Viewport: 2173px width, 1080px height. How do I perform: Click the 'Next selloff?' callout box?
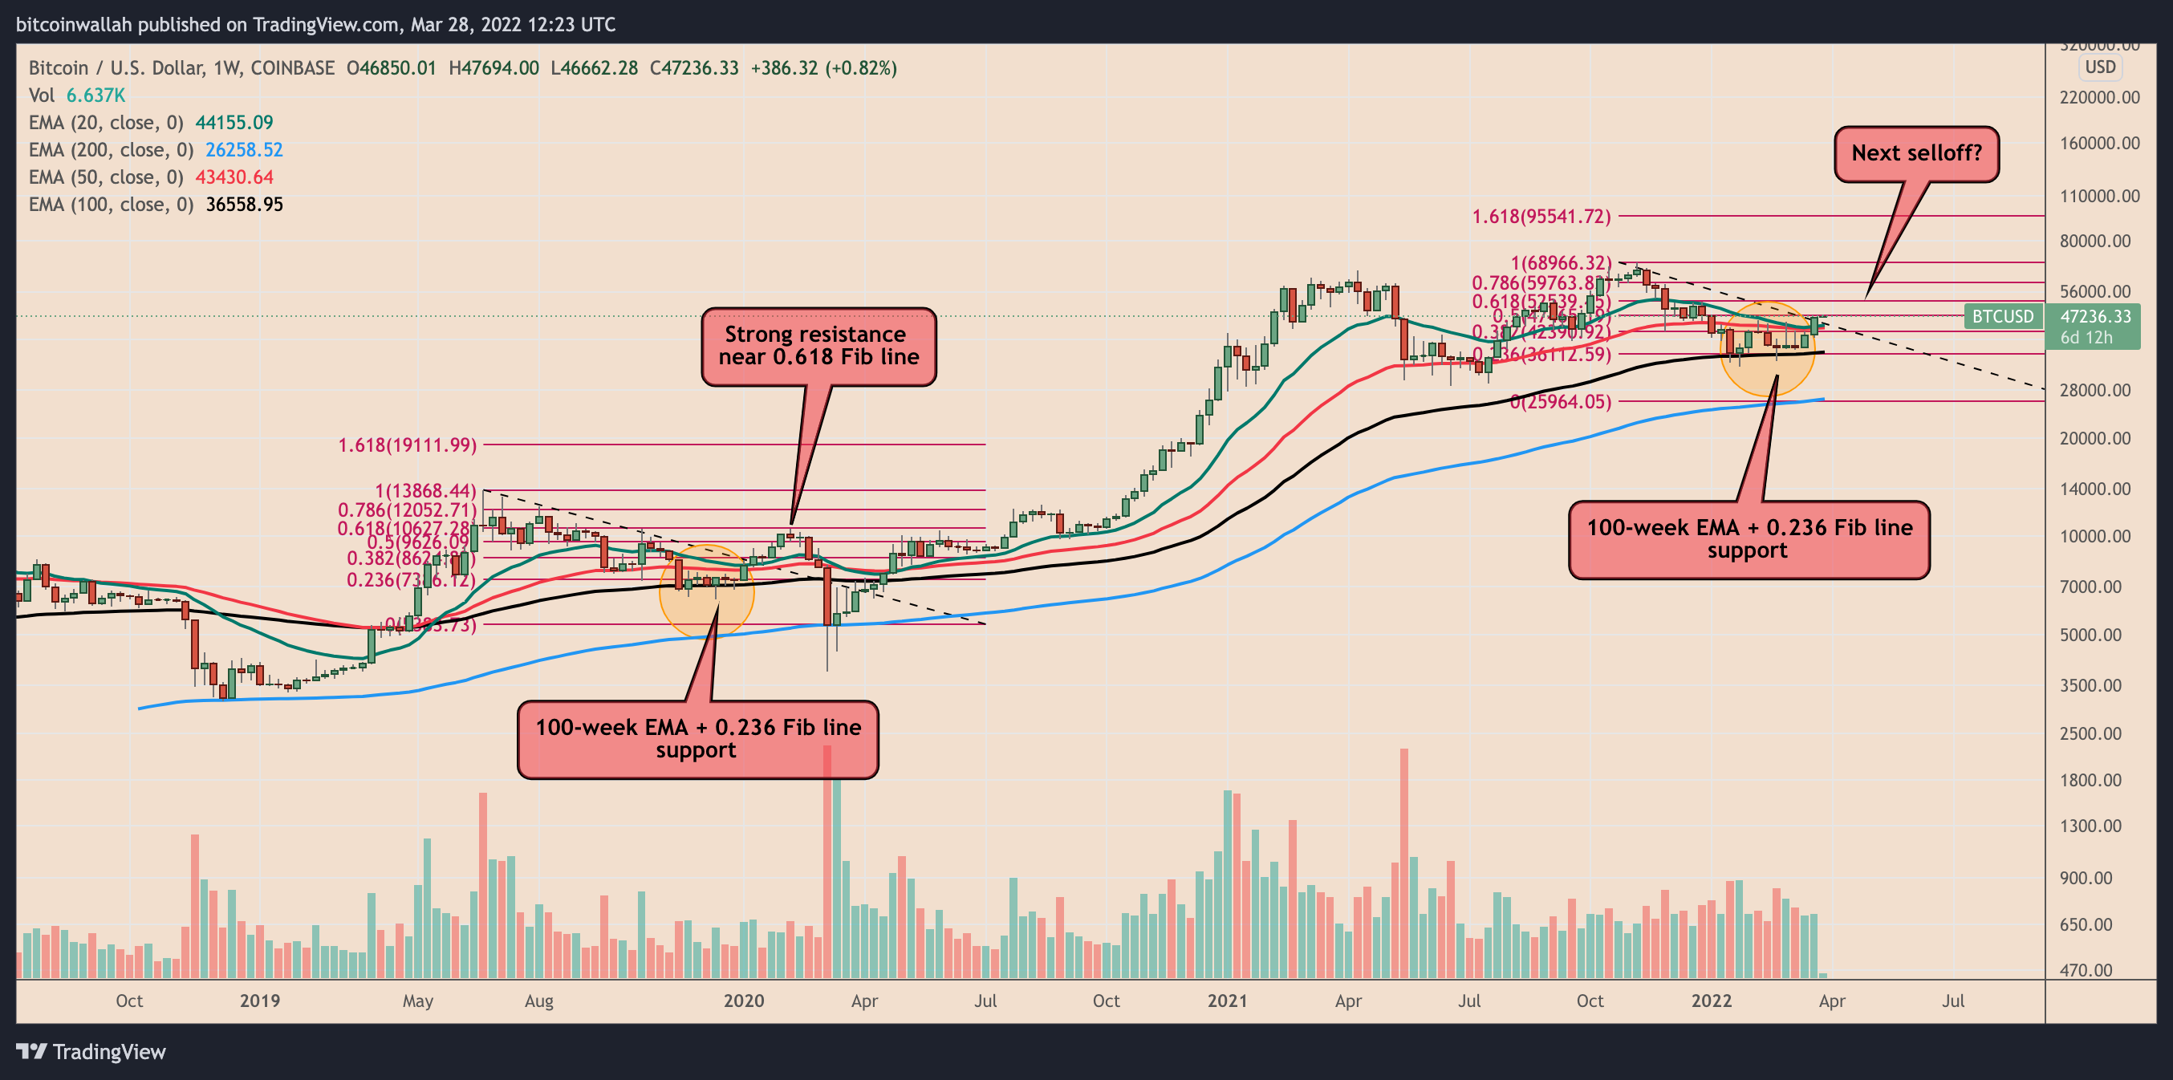(x=1915, y=153)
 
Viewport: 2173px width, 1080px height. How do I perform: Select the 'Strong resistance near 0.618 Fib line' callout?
(x=818, y=346)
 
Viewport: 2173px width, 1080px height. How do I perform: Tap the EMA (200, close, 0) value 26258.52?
(x=244, y=150)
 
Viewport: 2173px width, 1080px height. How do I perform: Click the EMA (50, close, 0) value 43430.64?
(x=234, y=177)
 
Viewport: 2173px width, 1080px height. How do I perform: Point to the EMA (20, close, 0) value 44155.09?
(x=234, y=124)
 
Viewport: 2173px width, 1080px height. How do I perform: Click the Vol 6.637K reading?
(x=95, y=95)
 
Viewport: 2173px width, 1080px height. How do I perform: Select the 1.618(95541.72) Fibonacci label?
(x=1541, y=217)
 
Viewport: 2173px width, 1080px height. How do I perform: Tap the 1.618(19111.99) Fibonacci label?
(x=408, y=445)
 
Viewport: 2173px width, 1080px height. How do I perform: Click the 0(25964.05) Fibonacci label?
(x=1561, y=402)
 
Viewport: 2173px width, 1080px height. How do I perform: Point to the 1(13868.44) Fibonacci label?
(x=426, y=490)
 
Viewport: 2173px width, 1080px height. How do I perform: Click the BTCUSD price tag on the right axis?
(x=2002, y=316)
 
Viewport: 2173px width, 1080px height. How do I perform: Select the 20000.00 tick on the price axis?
(x=2095, y=438)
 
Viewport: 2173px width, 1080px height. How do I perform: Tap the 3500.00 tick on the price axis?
(x=2095, y=685)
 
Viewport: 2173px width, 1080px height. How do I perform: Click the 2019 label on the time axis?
(x=260, y=1001)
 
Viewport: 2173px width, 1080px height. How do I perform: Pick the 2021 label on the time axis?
(x=1228, y=1001)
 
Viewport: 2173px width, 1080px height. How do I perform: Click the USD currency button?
(x=2101, y=67)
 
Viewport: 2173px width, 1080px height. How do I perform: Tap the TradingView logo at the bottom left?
(x=92, y=1052)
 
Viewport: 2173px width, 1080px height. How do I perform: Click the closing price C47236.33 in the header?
(x=693, y=68)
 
